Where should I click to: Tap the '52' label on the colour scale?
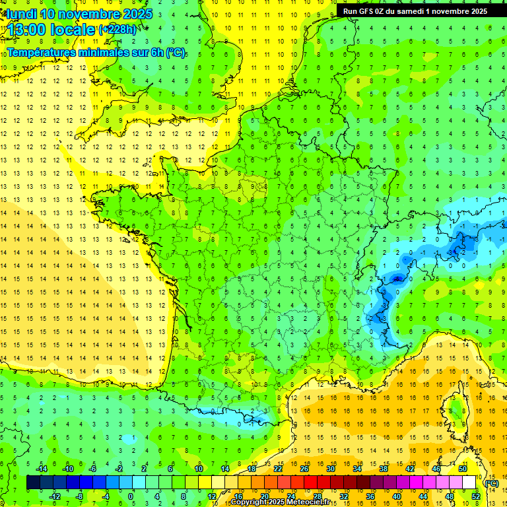point(476,496)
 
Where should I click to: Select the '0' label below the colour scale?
point(131,496)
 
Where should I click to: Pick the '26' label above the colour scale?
point(304,469)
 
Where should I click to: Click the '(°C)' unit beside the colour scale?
point(491,483)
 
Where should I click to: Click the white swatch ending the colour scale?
point(469,483)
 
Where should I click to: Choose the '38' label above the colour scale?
point(383,469)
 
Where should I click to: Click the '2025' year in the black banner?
point(475,11)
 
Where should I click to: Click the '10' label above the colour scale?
point(198,469)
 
